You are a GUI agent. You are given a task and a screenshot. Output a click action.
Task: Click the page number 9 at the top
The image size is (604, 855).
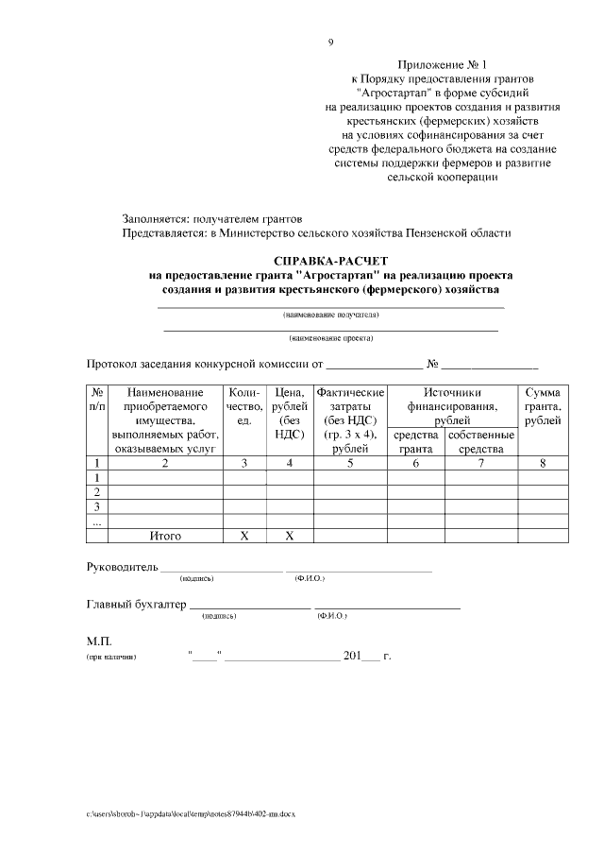pyautogui.click(x=330, y=42)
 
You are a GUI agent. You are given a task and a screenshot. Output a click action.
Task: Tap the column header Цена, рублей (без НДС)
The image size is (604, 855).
pyautogui.click(x=290, y=413)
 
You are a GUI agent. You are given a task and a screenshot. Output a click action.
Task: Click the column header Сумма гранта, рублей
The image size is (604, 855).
pyautogui.click(x=542, y=406)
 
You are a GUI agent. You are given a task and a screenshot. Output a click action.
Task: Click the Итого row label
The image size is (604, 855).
pyautogui.click(x=165, y=536)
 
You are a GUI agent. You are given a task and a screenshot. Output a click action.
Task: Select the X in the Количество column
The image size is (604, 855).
pyautogui.click(x=243, y=536)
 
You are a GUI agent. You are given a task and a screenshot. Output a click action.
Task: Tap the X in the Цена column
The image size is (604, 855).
pyautogui.click(x=290, y=536)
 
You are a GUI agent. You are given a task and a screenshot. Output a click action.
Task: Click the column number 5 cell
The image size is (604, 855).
pyautogui.click(x=349, y=463)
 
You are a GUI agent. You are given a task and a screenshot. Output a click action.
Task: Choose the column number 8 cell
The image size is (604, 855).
pyautogui.click(x=542, y=463)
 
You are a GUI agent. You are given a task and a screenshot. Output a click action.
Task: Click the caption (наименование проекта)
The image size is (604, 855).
pyautogui.click(x=330, y=337)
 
